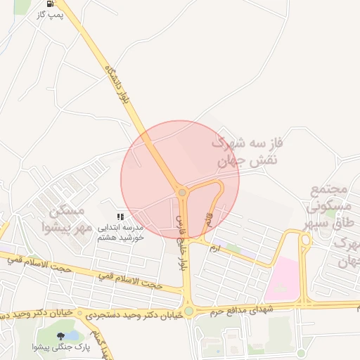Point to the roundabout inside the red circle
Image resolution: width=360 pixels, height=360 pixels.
181,192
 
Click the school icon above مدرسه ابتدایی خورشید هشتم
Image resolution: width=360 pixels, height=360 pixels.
120,217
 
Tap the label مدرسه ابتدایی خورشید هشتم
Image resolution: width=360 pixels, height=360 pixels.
120,233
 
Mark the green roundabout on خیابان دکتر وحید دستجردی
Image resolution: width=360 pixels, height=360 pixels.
188,311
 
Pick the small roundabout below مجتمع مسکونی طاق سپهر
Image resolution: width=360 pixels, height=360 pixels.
305,240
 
